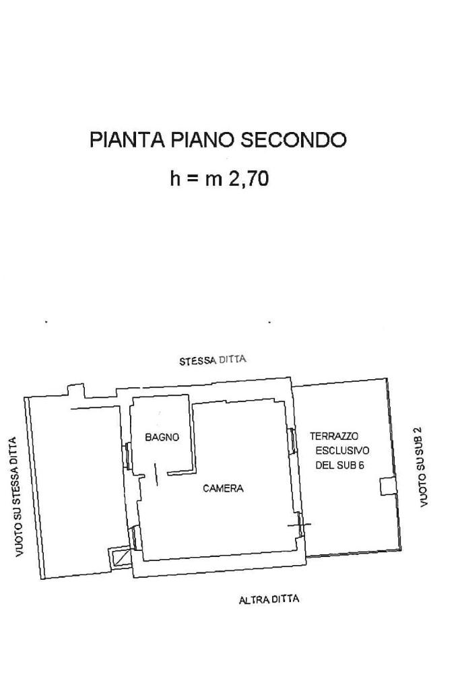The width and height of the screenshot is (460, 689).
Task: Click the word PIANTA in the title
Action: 127,140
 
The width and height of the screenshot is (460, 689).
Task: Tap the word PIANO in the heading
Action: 203,140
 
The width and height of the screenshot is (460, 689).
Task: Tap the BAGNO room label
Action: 162,437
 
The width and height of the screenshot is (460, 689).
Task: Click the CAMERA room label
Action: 223,489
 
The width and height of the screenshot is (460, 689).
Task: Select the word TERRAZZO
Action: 333,436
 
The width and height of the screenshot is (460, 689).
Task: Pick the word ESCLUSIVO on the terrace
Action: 341,451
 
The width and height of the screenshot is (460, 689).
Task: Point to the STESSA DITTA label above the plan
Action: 213,360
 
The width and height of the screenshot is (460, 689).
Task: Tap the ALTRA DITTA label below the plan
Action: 269,599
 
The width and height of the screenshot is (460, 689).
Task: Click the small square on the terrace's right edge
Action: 387,486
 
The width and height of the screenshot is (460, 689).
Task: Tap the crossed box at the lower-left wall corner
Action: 121,557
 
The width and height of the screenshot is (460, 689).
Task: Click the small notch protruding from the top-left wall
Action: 75,390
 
